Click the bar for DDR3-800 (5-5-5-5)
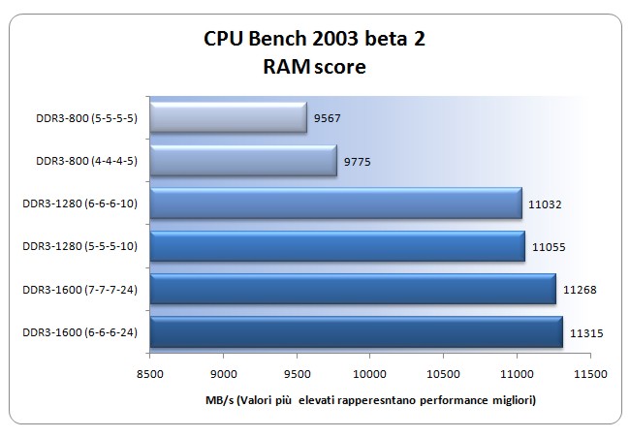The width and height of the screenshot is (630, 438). click(x=229, y=118)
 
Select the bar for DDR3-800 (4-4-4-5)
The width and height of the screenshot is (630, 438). click(x=244, y=161)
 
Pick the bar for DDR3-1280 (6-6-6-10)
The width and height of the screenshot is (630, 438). click(x=336, y=203)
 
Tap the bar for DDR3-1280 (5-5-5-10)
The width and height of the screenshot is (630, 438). click(x=338, y=246)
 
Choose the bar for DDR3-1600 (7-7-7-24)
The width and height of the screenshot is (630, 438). click(x=354, y=289)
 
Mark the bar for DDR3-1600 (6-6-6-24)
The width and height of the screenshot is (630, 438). click(x=357, y=331)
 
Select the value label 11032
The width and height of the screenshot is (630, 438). click(x=546, y=203)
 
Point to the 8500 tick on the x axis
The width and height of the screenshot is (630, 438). click(x=150, y=372)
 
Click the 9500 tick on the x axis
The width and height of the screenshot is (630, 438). click(x=297, y=372)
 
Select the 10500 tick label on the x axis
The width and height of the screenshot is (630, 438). click(x=443, y=372)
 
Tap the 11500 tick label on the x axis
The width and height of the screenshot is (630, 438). click(x=589, y=372)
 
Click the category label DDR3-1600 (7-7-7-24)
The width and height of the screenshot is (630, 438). click(x=79, y=289)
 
